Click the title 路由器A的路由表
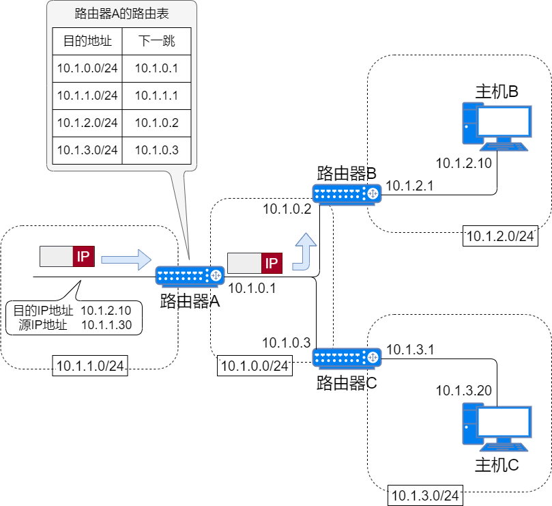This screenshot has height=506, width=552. click(x=121, y=14)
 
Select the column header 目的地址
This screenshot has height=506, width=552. click(x=87, y=41)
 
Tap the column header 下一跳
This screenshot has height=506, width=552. click(x=156, y=41)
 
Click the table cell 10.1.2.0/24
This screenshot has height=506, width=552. click(x=87, y=123)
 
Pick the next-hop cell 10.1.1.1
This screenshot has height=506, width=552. click(x=156, y=96)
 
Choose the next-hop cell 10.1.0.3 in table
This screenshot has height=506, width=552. click(x=156, y=150)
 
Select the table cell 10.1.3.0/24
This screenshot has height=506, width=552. click(x=87, y=150)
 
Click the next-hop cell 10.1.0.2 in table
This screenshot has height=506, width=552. click(x=156, y=123)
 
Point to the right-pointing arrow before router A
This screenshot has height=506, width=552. click(x=126, y=259)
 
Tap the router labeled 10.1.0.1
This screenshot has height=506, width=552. click(x=190, y=275)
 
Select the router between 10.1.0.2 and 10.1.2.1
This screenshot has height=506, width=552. click(x=347, y=194)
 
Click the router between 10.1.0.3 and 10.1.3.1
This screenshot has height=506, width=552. click(x=347, y=357)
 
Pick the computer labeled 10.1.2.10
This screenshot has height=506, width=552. click(x=496, y=126)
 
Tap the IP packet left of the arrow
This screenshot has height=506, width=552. click(x=67, y=257)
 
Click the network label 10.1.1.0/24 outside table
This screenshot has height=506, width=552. click(x=90, y=366)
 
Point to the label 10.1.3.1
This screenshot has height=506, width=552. click(x=410, y=350)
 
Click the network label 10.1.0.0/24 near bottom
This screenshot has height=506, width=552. click(x=255, y=366)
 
